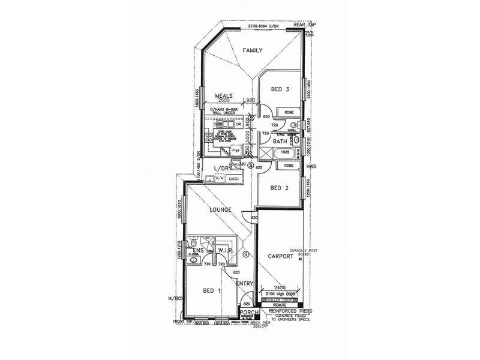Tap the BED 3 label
(x=280, y=89)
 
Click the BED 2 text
(x=280, y=188)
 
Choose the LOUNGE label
(x=220, y=210)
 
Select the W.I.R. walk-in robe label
(x=225, y=249)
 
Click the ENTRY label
(x=245, y=283)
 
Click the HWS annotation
(x=311, y=166)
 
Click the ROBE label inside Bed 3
(x=289, y=112)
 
